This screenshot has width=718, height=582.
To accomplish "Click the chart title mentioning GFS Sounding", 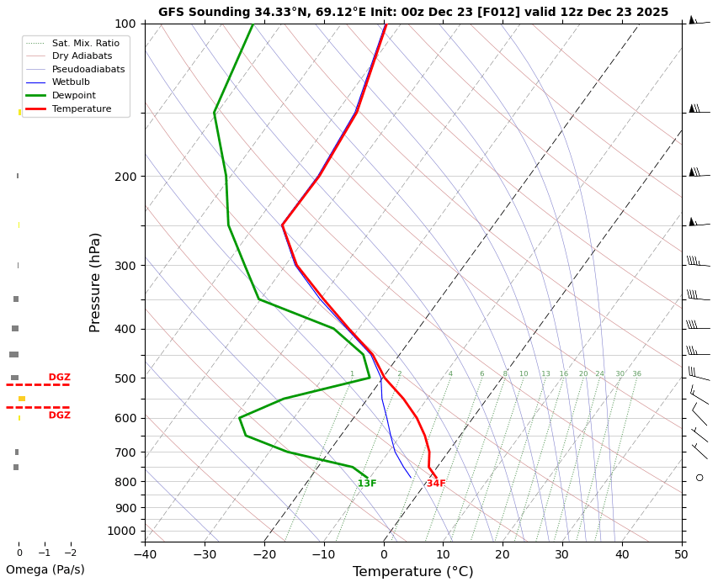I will pos(412,12).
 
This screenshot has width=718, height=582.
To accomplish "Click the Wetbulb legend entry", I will pos(71,82).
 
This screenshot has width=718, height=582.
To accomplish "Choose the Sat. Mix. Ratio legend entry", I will pos(85,43).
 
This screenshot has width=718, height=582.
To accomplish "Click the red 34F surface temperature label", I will pos(436,484).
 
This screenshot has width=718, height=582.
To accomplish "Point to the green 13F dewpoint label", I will pos(367,484).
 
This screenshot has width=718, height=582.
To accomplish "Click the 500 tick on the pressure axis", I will pos(125,378).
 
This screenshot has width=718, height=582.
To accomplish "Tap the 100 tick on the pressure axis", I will pos(125,24).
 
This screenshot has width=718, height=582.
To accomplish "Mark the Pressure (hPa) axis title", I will pos(96,282).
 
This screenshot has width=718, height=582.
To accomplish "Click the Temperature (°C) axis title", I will pos(412,572).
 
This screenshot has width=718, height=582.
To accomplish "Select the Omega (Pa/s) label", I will pos(45,569).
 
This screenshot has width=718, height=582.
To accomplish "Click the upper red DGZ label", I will pos(59,378).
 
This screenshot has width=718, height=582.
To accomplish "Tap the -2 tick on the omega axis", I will pos(71,553).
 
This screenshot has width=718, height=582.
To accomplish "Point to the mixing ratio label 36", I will pos(636,374).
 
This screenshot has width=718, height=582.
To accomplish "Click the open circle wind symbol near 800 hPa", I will pos(699,478).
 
